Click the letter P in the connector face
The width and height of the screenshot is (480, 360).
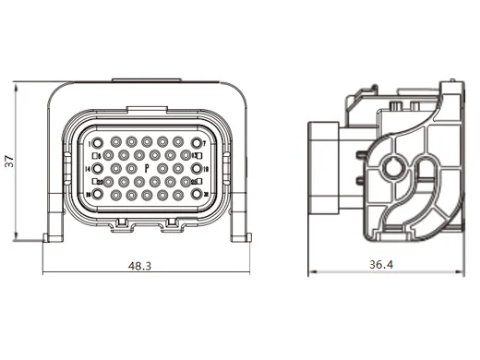pos(147,170)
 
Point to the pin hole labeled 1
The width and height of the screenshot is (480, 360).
pos(98,145)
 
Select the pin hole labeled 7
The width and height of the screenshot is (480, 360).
pos(197,144)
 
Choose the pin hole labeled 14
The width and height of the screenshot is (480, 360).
pos(98,170)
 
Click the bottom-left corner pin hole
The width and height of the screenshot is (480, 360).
pos(98,196)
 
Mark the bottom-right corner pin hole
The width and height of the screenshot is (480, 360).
pos(197,196)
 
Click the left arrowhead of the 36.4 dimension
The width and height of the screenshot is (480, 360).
pos(311,273)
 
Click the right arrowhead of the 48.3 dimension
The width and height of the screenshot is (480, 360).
pos(247,273)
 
